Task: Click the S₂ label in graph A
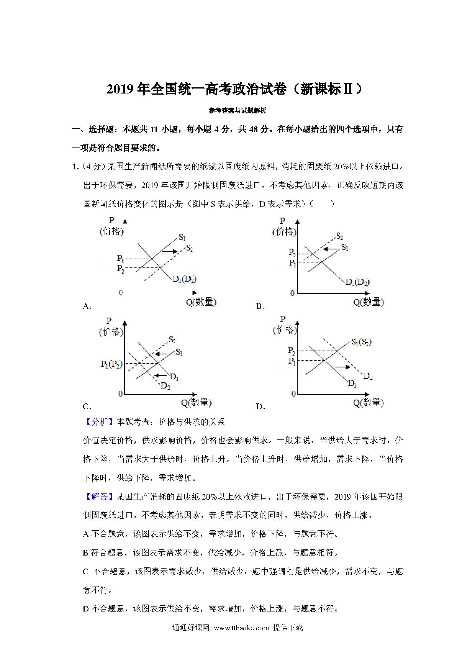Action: tap(189, 248)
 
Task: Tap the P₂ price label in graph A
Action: tap(120, 269)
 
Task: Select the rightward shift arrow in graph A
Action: tap(169, 251)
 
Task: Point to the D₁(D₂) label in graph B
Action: tap(357, 282)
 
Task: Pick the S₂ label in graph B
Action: tap(339, 236)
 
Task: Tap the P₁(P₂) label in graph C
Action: tap(111, 364)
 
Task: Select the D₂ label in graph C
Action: tap(165, 386)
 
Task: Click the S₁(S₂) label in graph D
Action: tap(361, 342)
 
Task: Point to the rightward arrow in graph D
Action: tap(342, 367)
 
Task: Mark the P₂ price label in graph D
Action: tap(292, 351)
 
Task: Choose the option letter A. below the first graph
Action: tap(87, 306)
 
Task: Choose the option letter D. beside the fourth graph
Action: tap(260, 406)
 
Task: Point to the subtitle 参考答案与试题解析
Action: tap(237, 111)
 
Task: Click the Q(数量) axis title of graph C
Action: tap(196, 403)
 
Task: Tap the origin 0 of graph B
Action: tap(293, 293)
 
